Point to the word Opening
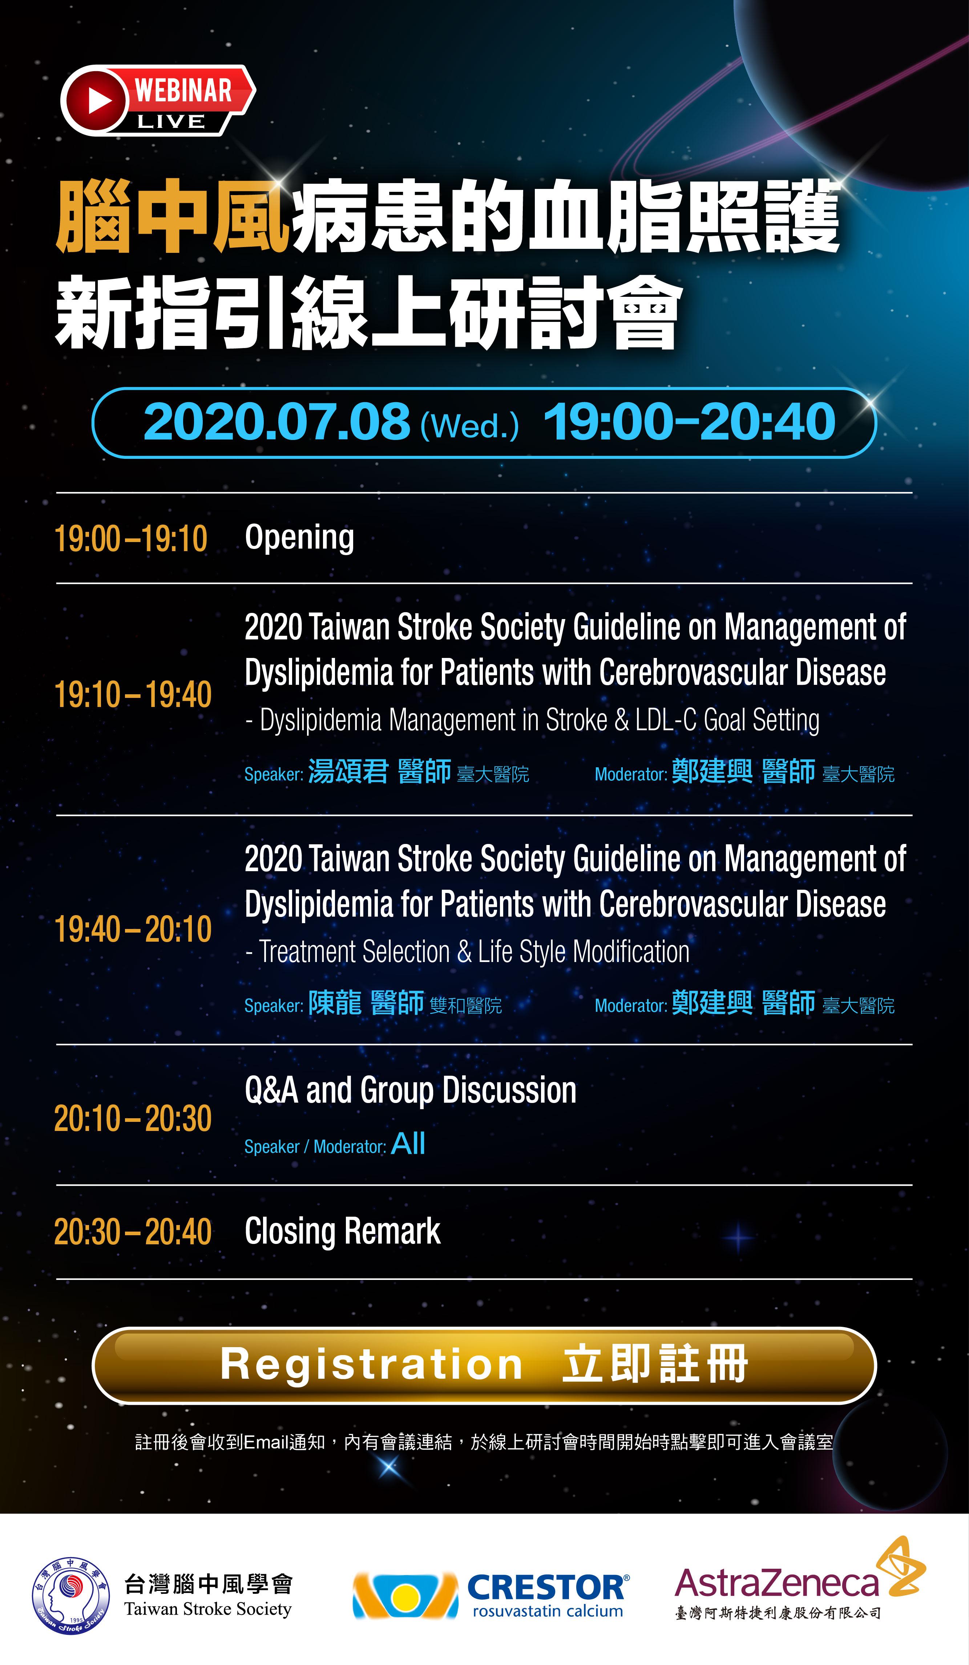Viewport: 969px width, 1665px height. [x=299, y=538]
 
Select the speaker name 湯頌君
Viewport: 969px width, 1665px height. [x=348, y=771]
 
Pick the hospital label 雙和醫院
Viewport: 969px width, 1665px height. [x=466, y=1006]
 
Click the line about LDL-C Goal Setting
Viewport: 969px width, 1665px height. [x=532, y=720]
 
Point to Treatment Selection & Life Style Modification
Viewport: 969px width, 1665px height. [x=467, y=952]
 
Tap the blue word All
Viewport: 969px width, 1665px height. [x=408, y=1144]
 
